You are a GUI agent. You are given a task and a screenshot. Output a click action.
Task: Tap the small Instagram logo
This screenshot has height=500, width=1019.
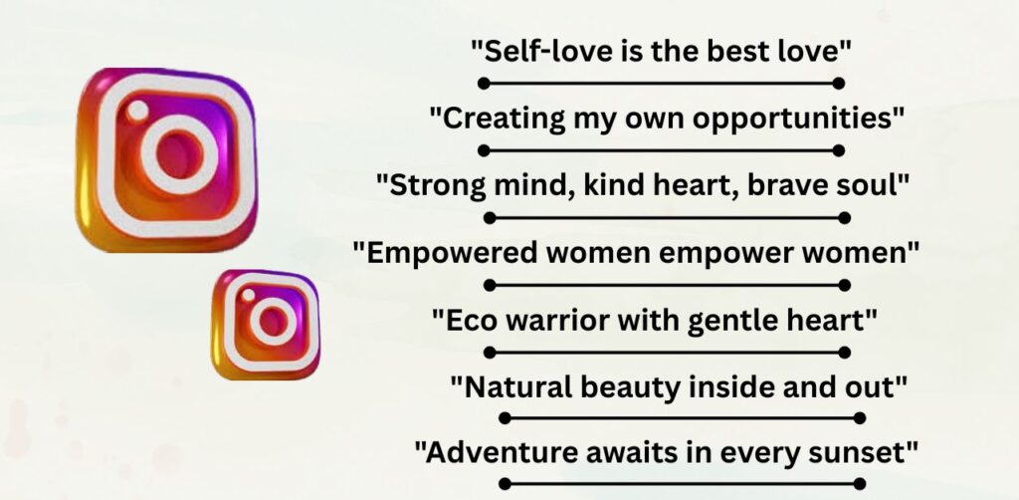pyautogui.click(x=266, y=324)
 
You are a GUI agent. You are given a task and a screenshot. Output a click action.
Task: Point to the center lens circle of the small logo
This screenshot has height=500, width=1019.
pyautogui.click(x=269, y=320)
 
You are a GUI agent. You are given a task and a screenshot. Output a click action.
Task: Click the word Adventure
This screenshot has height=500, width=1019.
pyautogui.click(x=486, y=450)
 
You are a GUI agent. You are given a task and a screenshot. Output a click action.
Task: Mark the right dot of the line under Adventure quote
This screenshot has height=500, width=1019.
pyautogui.click(x=860, y=483)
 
